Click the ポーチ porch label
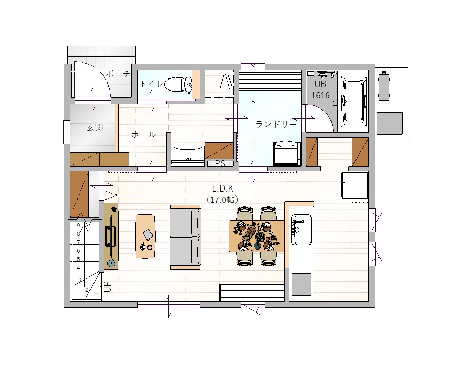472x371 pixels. pyautogui.click(x=118, y=74)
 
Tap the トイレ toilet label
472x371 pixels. pyautogui.click(x=152, y=83)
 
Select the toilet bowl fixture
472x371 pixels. pyautogui.click(x=178, y=84)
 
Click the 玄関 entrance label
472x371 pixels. pyautogui.click(x=95, y=128)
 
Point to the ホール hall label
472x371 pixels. pyautogui.click(x=144, y=135)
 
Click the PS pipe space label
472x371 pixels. pyautogui.click(x=220, y=163)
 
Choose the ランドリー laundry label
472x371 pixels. pyautogui.click(x=276, y=124)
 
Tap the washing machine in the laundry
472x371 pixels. pyautogui.click(x=287, y=153)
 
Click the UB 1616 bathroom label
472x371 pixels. pyautogui.click(x=320, y=90)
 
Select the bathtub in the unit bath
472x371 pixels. pyautogui.click(x=353, y=102)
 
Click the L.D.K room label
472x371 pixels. pyautogui.click(x=223, y=188)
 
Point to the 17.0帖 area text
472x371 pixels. pyautogui.click(x=223, y=200)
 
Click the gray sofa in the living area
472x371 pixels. pyautogui.click(x=185, y=237)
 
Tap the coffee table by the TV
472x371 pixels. pyautogui.click(x=145, y=236)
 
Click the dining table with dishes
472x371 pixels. pyautogui.click(x=256, y=236)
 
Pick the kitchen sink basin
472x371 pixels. pyautogui.click(x=301, y=229)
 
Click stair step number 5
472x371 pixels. pyautogui.click(x=78, y=259)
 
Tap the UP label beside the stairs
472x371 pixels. pyautogui.click(x=107, y=287)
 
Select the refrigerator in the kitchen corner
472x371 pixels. pyautogui.click(x=355, y=185)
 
